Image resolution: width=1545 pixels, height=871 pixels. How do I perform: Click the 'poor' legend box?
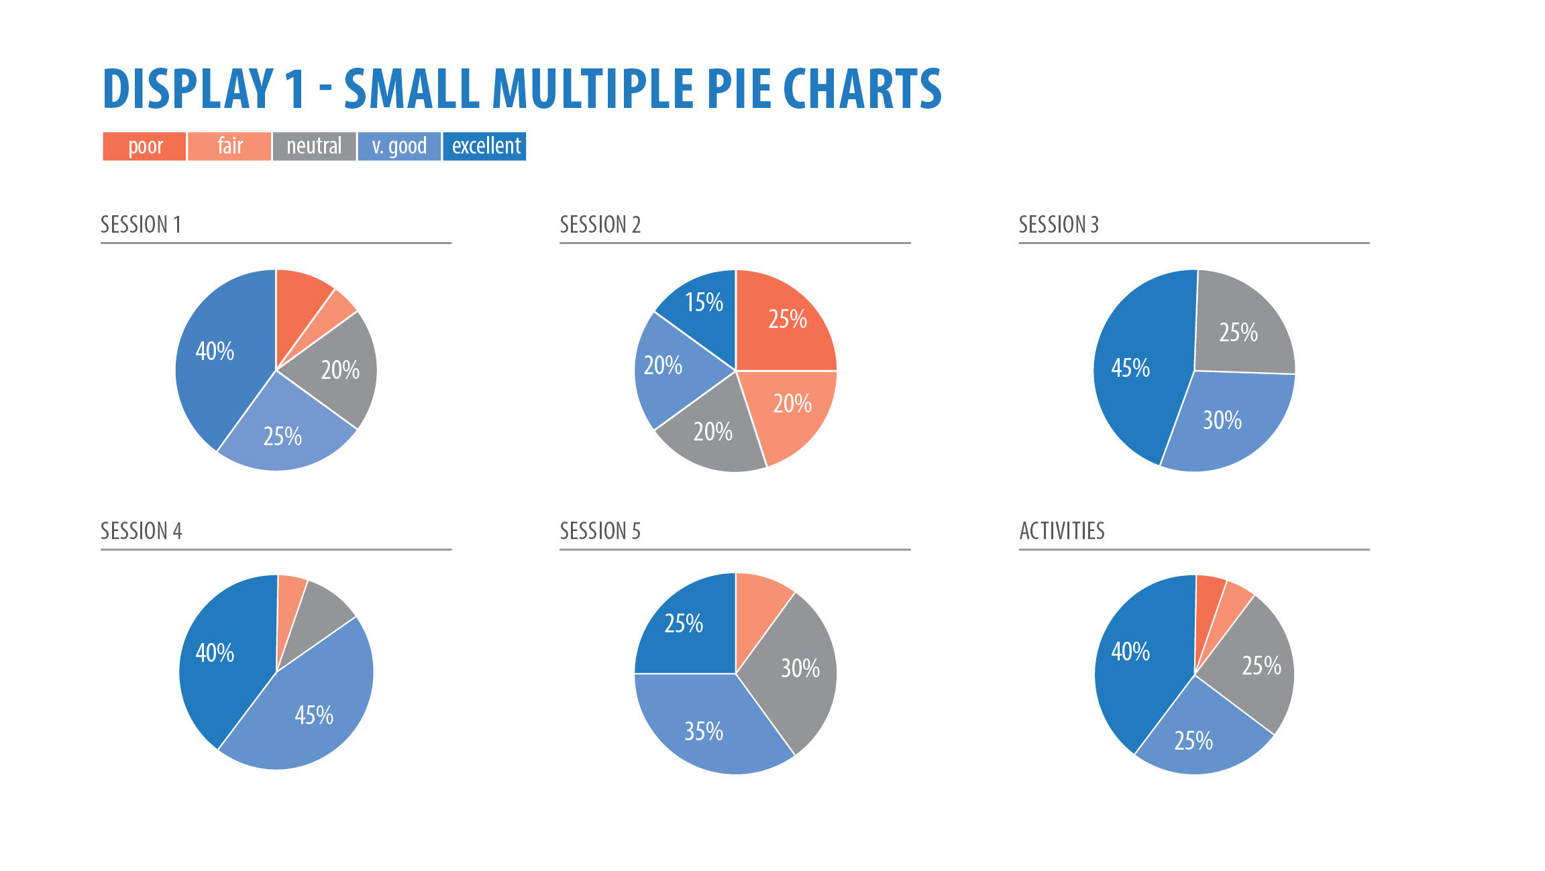[x=144, y=146]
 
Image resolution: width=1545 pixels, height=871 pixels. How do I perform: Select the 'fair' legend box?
[x=229, y=146]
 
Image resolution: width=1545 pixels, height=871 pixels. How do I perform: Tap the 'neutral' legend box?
[x=314, y=146]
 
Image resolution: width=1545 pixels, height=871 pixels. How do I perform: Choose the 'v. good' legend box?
[x=399, y=146]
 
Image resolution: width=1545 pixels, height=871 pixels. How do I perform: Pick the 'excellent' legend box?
[x=484, y=146]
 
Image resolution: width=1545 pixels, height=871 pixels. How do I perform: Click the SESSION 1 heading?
[x=141, y=225]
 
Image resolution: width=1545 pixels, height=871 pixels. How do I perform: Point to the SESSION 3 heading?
[x=1059, y=225]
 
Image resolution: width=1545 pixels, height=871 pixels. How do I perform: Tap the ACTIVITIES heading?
[x=1062, y=531]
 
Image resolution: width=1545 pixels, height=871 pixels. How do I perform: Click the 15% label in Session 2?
[x=704, y=302]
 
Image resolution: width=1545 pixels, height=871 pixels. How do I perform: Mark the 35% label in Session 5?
[x=704, y=731]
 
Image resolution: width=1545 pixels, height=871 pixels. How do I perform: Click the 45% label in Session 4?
[x=314, y=715]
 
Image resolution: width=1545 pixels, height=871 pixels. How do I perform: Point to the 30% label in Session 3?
[x=1222, y=420]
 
